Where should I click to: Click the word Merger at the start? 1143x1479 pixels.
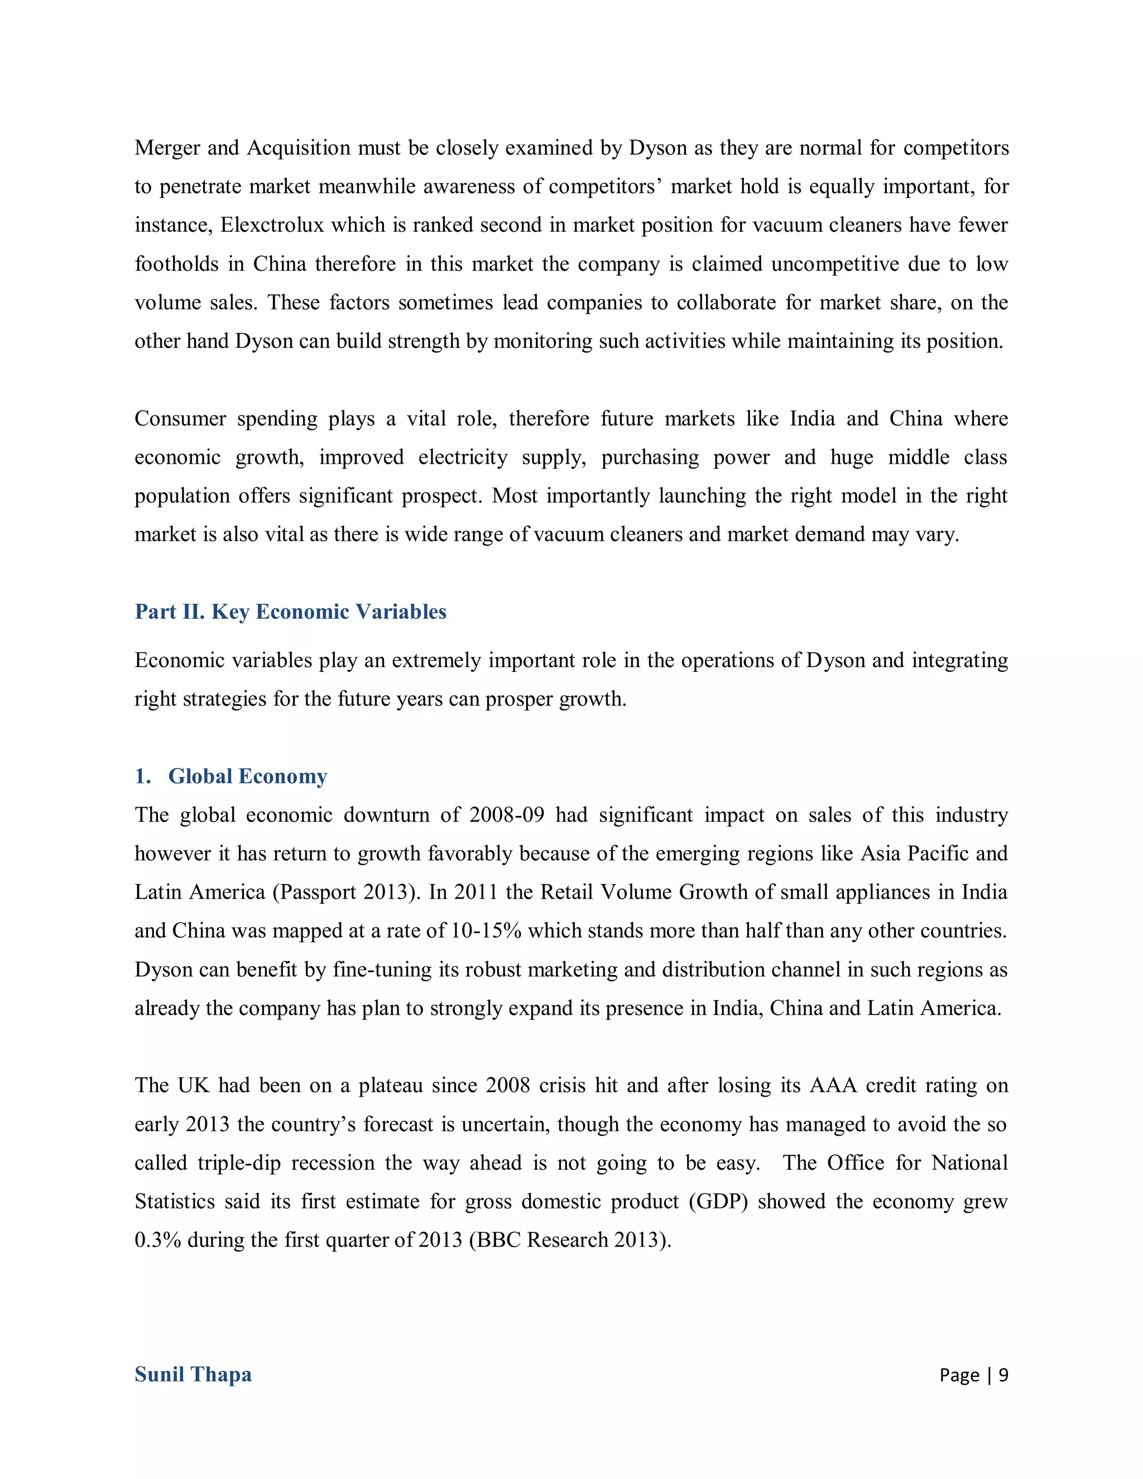coord(166,148)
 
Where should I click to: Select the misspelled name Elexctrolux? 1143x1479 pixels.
coord(272,225)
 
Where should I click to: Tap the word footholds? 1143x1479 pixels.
coord(176,263)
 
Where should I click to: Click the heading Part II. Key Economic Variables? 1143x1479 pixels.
coord(290,612)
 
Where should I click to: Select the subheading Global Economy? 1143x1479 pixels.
coord(247,776)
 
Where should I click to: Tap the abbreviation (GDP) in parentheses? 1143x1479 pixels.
coord(718,1202)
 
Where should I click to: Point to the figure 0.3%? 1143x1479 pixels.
coord(157,1240)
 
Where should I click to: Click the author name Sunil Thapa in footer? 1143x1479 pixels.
coord(193,1375)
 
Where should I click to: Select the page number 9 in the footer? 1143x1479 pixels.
coord(1003,1375)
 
